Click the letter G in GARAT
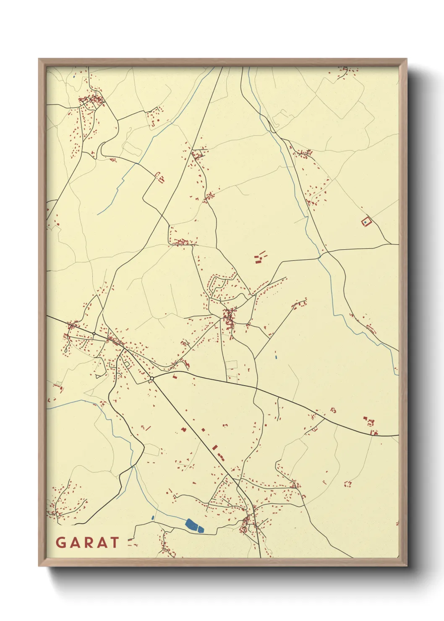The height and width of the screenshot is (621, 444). coord(61,543)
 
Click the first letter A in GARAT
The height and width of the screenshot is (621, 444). coord(75,543)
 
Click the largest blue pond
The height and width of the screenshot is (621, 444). coord(191,524)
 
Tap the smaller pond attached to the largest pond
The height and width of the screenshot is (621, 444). coord(200,529)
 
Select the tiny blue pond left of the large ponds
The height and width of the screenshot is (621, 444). coord(153,518)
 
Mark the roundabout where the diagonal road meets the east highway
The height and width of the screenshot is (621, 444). coord(151,378)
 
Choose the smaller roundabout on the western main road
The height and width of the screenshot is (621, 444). coord(94,334)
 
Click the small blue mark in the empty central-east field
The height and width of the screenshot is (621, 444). coord(276,357)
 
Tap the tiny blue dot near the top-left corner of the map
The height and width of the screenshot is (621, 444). coord(74,76)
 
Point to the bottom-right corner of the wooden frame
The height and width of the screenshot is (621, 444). coord(406,565)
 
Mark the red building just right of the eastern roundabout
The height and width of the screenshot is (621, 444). coord(175,376)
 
